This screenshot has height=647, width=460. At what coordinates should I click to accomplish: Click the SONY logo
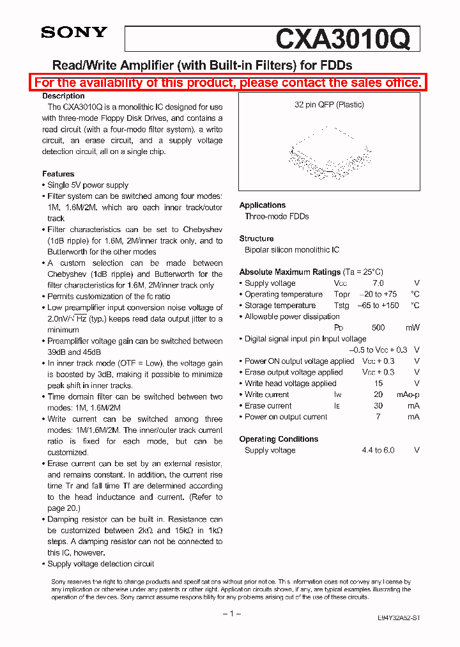[74, 33]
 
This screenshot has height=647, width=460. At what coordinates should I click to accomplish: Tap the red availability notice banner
[228, 82]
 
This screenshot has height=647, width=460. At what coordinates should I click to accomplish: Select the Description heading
[63, 96]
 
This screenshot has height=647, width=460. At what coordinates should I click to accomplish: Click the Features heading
[58, 174]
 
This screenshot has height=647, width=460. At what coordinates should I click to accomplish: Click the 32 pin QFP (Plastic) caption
[329, 105]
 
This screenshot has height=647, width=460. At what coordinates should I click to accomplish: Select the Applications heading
[262, 205]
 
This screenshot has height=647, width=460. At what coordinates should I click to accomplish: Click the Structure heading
[256, 238]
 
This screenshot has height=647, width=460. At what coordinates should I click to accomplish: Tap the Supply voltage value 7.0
[378, 283]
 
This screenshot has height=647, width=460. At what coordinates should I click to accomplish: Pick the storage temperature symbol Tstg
[342, 306]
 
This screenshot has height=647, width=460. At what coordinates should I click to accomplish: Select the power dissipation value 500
[378, 328]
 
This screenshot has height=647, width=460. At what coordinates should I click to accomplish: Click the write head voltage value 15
[378, 384]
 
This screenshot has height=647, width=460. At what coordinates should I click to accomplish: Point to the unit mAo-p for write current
[408, 394]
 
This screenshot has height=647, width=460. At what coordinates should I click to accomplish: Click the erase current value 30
[378, 406]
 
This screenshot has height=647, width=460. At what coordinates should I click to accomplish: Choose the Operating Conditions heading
[279, 439]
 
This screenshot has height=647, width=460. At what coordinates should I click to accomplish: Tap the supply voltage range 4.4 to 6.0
[378, 450]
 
